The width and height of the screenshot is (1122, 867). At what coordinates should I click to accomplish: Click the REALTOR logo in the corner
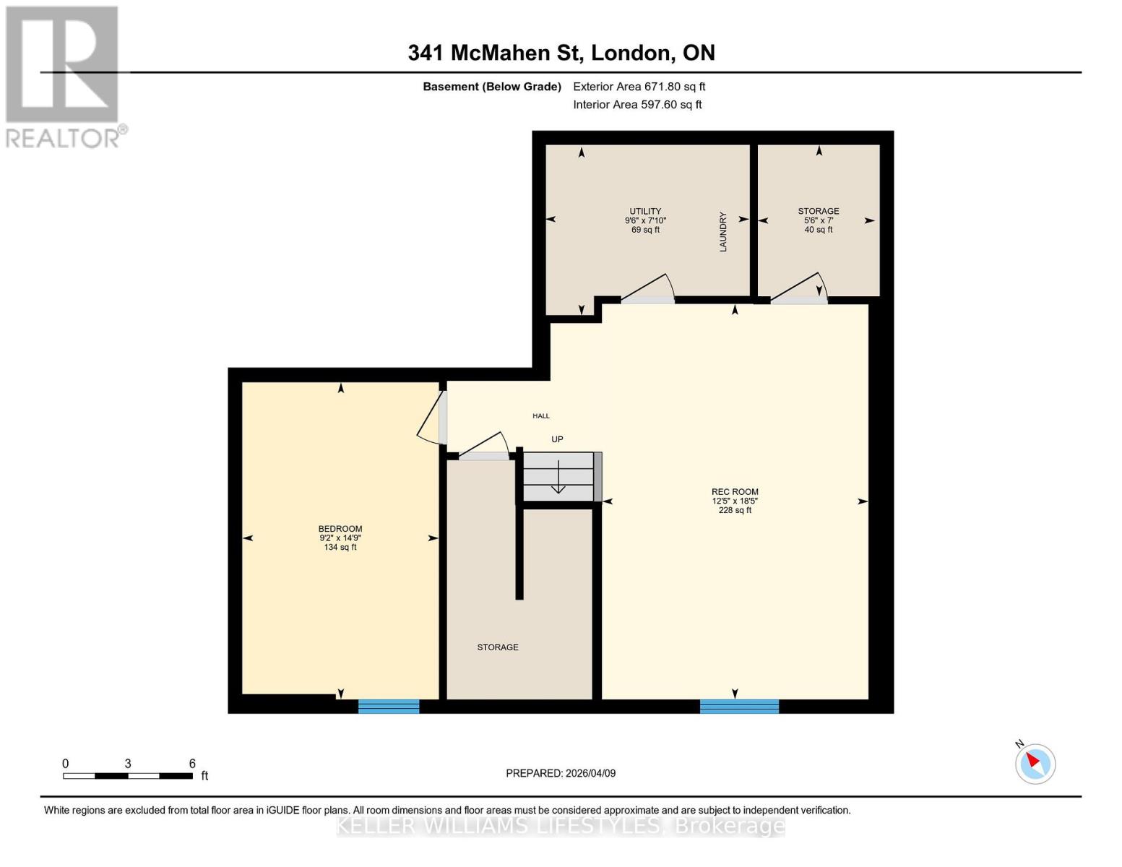[64, 77]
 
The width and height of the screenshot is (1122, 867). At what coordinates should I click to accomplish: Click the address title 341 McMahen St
[561, 53]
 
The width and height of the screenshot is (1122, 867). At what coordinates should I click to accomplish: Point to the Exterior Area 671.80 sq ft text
[639, 87]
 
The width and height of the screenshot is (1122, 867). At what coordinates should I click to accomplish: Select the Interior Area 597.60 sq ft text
[637, 105]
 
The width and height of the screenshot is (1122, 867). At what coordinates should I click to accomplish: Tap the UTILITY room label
[645, 212]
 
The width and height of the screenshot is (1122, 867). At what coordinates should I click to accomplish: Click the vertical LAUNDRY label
[722, 232]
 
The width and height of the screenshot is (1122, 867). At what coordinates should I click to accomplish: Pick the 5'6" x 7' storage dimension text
[818, 220]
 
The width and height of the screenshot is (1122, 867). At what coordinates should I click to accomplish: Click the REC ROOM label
[735, 492]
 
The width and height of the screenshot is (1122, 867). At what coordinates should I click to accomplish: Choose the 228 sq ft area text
[735, 510]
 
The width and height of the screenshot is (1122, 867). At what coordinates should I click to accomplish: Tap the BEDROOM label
[340, 529]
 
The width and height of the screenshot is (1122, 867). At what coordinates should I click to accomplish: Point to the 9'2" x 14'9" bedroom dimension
[340, 538]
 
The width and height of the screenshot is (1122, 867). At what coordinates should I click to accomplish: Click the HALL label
[541, 416]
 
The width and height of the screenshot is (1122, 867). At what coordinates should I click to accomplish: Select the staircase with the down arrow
[558, 476]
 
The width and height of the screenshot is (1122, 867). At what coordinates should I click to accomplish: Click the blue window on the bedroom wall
[389, 706]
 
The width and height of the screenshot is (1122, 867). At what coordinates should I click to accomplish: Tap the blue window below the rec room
[739, 706]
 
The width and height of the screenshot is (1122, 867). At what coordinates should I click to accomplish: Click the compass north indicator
[1035, 763]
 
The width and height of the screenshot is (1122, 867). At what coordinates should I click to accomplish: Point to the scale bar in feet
[128, 775]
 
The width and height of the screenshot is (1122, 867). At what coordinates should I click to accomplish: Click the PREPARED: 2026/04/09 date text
[561, 773]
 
